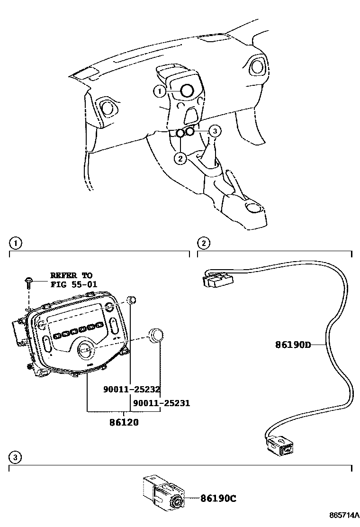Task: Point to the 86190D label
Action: pos(293,345)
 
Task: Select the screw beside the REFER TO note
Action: pos(29,282)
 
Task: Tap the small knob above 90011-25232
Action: pos(133,300)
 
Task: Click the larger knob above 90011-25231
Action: pos(156,335)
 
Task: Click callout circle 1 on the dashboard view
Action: pos(160,91)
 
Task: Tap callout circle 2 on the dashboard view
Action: pos(180,158)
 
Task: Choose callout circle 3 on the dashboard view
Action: pos(215,130)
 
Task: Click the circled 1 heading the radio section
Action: pos(15,243)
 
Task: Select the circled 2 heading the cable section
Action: pos(203,243)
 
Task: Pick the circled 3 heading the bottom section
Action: pos(15,457)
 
